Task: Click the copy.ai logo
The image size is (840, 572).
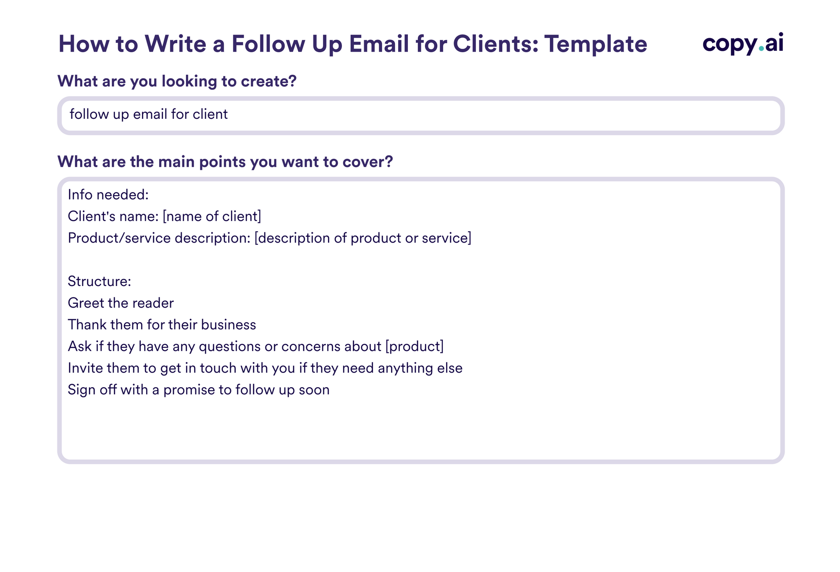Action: pyautogui.click(x=743, y=44)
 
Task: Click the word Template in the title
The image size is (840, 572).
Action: pyautogui.click(x=596, y=44)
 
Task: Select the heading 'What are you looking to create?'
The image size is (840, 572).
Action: pyautogui.click(x=177, y=81)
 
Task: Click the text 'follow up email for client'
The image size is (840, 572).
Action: pyautogui.click(x=149, y=114)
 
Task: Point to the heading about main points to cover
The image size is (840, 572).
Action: pyautogui.click(x=225, y=162)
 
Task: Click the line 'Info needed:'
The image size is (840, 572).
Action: pyautogui.click(x=108, y=195)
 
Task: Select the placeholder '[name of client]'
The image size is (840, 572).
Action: pyautogui.click(x=212, y=216)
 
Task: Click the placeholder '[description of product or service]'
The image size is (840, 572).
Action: pyautogui.click(x=363, y=238)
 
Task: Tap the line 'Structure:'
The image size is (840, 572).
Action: pyautogui.click(x=100, y=281)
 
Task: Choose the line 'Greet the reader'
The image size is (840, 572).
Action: pyautogui.click(x=121, y=303)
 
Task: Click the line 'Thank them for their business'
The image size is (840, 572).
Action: pyautogui.click(x=162, y=325)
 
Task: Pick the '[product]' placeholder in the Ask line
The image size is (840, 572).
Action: pyautogui.click(x=414, y=346)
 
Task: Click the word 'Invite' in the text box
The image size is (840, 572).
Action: pyautogui.click(x=85, y=368)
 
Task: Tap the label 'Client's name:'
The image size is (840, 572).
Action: pyautogui.click(x=113, y=216)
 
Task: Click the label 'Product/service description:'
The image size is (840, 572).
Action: pyautogui.click(x=159, y=238)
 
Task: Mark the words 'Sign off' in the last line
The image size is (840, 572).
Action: pyautogui.click(x=92, y=390)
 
